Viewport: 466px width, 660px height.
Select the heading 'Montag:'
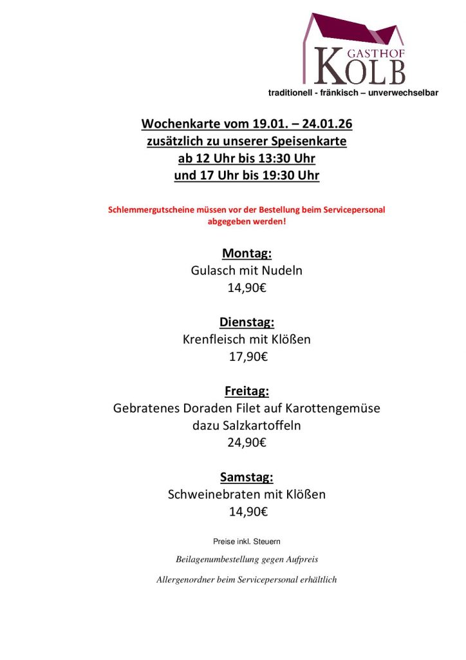click(x=247, y=253)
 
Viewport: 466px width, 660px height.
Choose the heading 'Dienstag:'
click(x=247, y=322)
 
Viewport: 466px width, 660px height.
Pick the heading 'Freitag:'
click(x=247, y=391)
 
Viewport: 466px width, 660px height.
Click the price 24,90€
click(x=247, y=443)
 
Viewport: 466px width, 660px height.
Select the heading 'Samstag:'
click(x=247, y=478)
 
